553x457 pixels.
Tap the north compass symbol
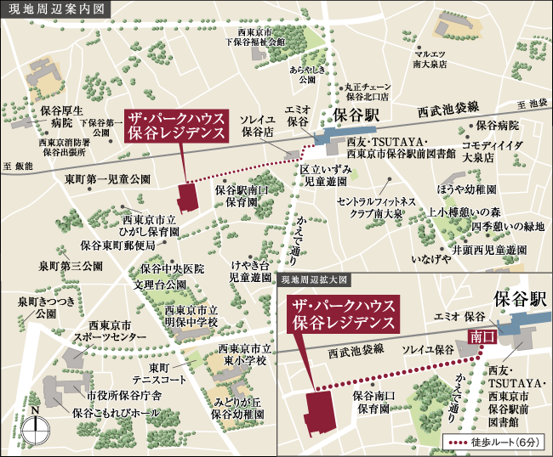(35, 426)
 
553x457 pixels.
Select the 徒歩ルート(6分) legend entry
(493, 442)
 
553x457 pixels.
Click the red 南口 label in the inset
(482, 336)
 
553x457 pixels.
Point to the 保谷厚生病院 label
(60, 116)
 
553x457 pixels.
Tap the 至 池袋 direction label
(529, 103)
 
